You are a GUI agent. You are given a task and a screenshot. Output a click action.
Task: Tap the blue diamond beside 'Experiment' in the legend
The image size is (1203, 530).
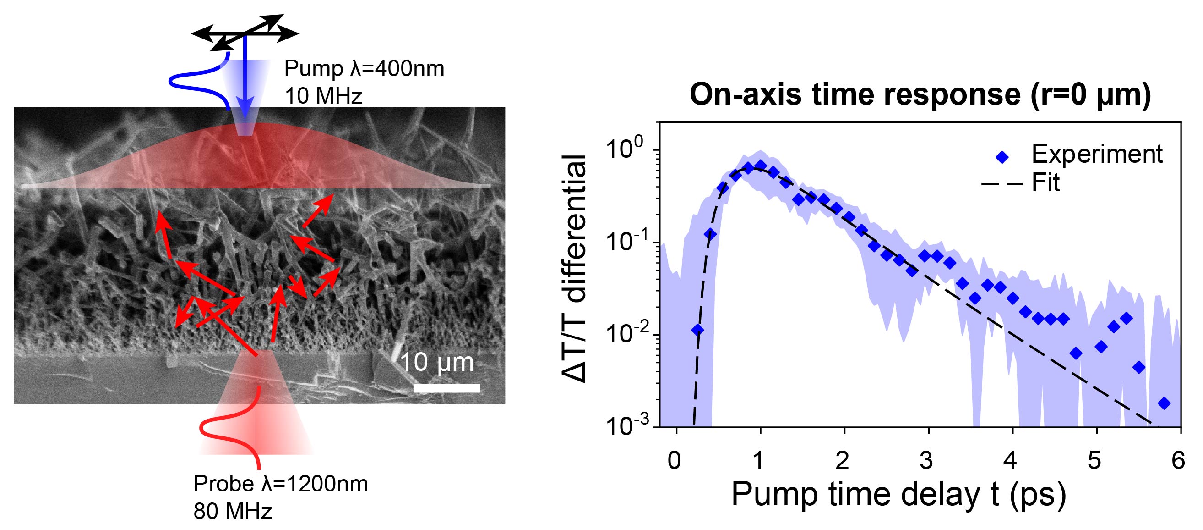click(x=1002, y=157)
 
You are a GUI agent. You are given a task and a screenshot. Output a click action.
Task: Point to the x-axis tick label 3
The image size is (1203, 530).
click(x=926, y=461)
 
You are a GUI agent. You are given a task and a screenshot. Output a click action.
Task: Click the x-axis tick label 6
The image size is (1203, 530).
click(x=1178, y=461)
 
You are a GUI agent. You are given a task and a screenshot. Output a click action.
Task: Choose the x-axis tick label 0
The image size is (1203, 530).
click(x=674, y=461)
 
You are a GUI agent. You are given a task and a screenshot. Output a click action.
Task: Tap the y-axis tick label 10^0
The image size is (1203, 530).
click(x=626, y=149)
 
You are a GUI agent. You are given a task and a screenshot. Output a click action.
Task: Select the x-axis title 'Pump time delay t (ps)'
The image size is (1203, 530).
click(x=898, y=494)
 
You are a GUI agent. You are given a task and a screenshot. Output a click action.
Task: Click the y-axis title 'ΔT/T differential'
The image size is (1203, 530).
click(x=574, y=269)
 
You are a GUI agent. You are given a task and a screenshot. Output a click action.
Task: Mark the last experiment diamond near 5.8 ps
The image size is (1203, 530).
click(x=1164, y=403)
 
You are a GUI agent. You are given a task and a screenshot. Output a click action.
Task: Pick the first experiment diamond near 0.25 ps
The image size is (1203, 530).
click(x=697, y=331)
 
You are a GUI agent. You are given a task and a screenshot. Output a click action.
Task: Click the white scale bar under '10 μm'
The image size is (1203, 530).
click(x=447, y=388)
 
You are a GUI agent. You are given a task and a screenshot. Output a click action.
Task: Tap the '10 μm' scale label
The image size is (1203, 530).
click(x=437, y=362)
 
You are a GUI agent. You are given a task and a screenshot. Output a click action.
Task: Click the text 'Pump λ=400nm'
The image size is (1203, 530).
click(x=364, y=69)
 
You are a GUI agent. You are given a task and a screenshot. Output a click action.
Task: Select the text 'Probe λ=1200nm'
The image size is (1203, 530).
click(x=281, y=484)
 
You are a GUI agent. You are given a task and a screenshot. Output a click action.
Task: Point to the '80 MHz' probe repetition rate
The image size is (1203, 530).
click(x=233, y=511)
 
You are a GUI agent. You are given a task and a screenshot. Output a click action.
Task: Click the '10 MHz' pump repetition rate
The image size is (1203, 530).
click(x=323, y=96)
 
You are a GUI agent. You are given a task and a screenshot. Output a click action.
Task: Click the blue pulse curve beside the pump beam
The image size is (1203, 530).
click(x=187, y=84)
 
